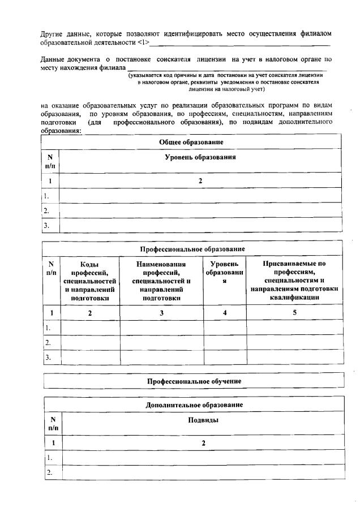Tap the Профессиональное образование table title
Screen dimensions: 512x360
point(192,249)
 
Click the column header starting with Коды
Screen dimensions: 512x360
point(90,281)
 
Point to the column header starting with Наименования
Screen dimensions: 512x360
point(161,281)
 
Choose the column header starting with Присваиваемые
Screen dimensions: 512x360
point(294,281)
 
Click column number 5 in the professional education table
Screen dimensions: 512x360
point(295,312)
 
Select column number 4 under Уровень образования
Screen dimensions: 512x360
point(225,312)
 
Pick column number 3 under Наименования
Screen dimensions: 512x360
point(162,312)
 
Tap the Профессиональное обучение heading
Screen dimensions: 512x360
point(194,381)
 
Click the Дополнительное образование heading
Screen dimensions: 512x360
point(194,405)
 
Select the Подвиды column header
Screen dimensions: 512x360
point(203,420)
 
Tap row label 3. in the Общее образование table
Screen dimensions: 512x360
point(47,225)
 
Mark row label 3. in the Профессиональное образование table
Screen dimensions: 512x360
point(48,358)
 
